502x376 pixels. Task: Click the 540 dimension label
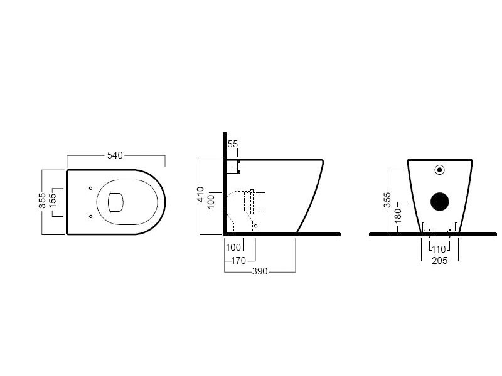(115, 155)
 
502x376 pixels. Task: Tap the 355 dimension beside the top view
(42, 201)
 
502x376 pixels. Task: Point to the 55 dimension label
(233, 144)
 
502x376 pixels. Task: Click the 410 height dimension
(201, 196)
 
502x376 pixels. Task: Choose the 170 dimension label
(238, 261)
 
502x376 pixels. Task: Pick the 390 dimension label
(260, 271)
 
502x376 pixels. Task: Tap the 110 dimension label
(439, 249)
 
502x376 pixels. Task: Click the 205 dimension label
(439, 261)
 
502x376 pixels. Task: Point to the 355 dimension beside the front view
(388, 200)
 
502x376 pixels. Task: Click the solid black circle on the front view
(440, 201)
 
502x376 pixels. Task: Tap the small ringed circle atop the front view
(439, 169)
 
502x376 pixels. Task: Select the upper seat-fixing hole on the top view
(91, 187)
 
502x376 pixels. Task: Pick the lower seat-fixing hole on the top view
(91, 216)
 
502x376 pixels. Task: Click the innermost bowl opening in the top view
(115, 201)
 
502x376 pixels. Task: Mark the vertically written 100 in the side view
(211, 201)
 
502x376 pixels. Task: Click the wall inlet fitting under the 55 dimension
(239, 168)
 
